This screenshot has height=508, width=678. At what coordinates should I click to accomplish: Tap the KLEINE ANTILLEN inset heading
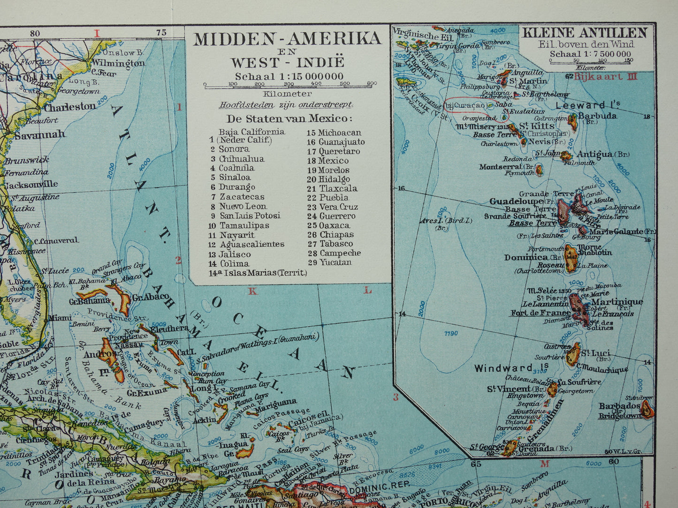point(585,33)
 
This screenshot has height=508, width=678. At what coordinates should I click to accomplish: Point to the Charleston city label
point(70,107)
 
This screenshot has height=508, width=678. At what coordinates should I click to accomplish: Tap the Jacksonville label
point(31,184)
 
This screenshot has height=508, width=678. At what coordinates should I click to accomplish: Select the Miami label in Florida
point(60,317)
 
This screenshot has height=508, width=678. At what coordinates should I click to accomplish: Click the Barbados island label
point(619,406)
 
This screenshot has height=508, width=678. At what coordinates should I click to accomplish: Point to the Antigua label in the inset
point(594,154)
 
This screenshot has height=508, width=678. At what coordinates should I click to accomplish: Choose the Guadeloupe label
point(516,202)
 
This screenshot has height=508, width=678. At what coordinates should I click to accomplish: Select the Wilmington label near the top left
point(118,63)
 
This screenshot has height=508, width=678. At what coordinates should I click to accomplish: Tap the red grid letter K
point(253,291)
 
